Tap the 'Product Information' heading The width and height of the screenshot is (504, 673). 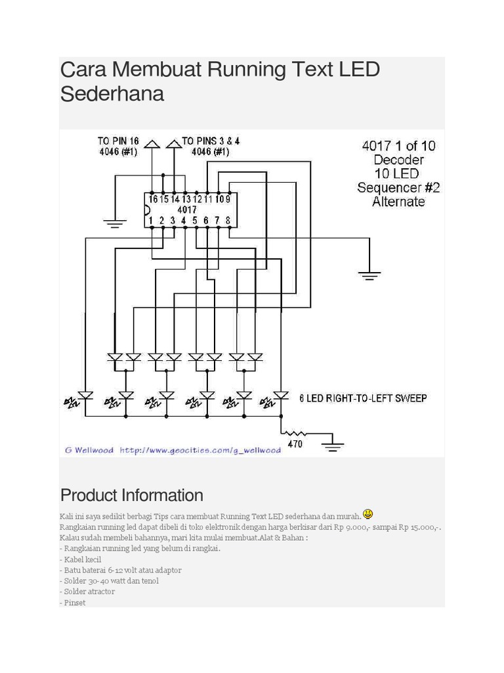[x=131, y=495]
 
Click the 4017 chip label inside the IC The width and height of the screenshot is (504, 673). [x=187, y=210]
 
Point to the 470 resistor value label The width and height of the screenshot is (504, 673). [x=295, y=444]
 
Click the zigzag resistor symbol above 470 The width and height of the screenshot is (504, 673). [x=296, y=433]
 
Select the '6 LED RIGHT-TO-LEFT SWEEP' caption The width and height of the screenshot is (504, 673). [x=363, y=398]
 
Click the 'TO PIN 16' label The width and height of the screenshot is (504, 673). [x=118, y=141]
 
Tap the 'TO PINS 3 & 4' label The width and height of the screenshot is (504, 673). [x=211, y=141]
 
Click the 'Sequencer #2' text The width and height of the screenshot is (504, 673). [x=398, y=187]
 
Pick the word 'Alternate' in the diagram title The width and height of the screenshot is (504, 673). [x=398, y=202]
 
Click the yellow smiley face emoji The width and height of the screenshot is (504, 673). [x=367, y=513]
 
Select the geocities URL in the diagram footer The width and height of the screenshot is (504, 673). [x=200, y=450]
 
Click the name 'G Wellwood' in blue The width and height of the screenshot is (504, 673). [x=89, y=450]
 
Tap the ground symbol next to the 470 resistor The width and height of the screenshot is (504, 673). [x=333, y=444]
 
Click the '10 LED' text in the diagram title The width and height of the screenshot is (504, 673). [x=396, y=174]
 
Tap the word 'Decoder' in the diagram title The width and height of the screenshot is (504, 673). [x=398, y=160]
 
